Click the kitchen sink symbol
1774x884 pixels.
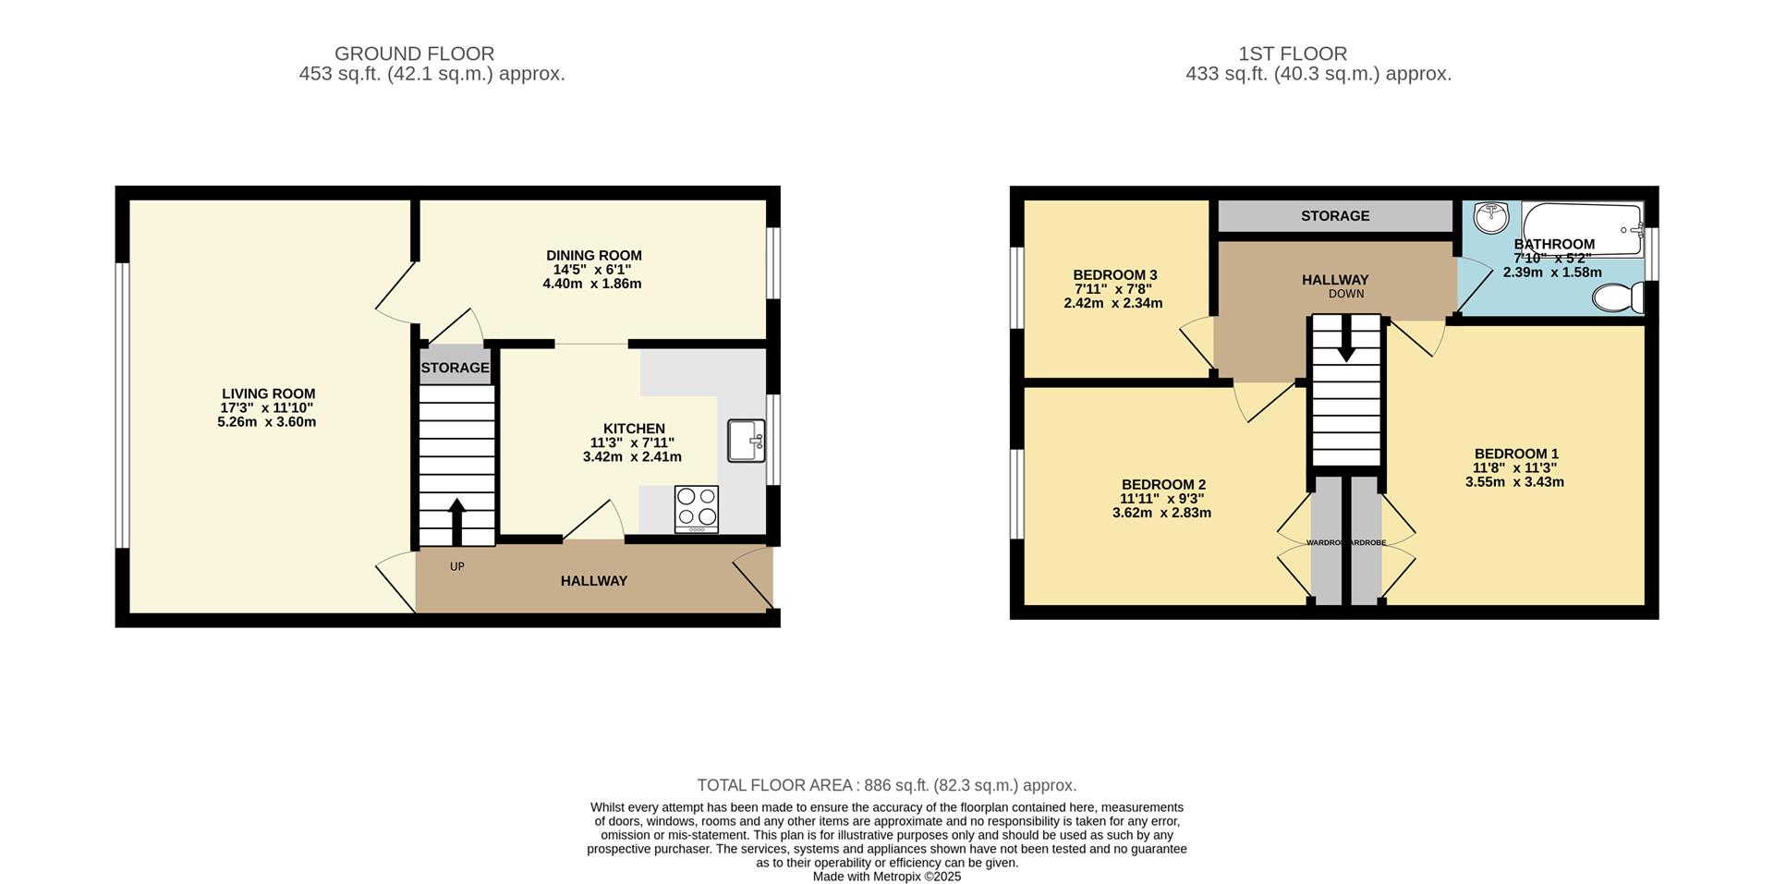pyautogui.click(x=746, y=441)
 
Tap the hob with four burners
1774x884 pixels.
pyautogui.click(x=697, y=508)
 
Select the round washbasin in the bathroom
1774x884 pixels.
pyautogui.click(x=1490, y=218)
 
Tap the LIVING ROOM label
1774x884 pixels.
pyautogui.click(x=268, y=394)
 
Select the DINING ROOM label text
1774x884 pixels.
pyautogui.click(x=593, y=256)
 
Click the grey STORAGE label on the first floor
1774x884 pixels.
pyautogui.click(x=1334, y=216)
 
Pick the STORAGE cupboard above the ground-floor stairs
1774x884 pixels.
pyautogui.click(x=455, y=368)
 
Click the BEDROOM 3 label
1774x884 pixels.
pyautogui.click(x=1114, y=275)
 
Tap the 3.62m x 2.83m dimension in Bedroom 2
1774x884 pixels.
pyautogui.click(x=1161, y=513)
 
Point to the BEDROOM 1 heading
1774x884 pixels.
pyautogui.click(x=1516, y=454)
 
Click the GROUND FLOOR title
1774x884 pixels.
pyautogui.click(x=414, y=54)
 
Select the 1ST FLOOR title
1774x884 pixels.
pyautogui.click(x=1293, y=54)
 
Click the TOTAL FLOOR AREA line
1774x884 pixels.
pyautogui.click(x=886, y=785)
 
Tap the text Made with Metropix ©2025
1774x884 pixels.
pyautogui.click(x=886, y=877)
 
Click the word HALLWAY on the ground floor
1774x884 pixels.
pyautogui.click(x=593, y=581)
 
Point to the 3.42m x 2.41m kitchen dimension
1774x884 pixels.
pyautogui.click(x=632, y=456)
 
